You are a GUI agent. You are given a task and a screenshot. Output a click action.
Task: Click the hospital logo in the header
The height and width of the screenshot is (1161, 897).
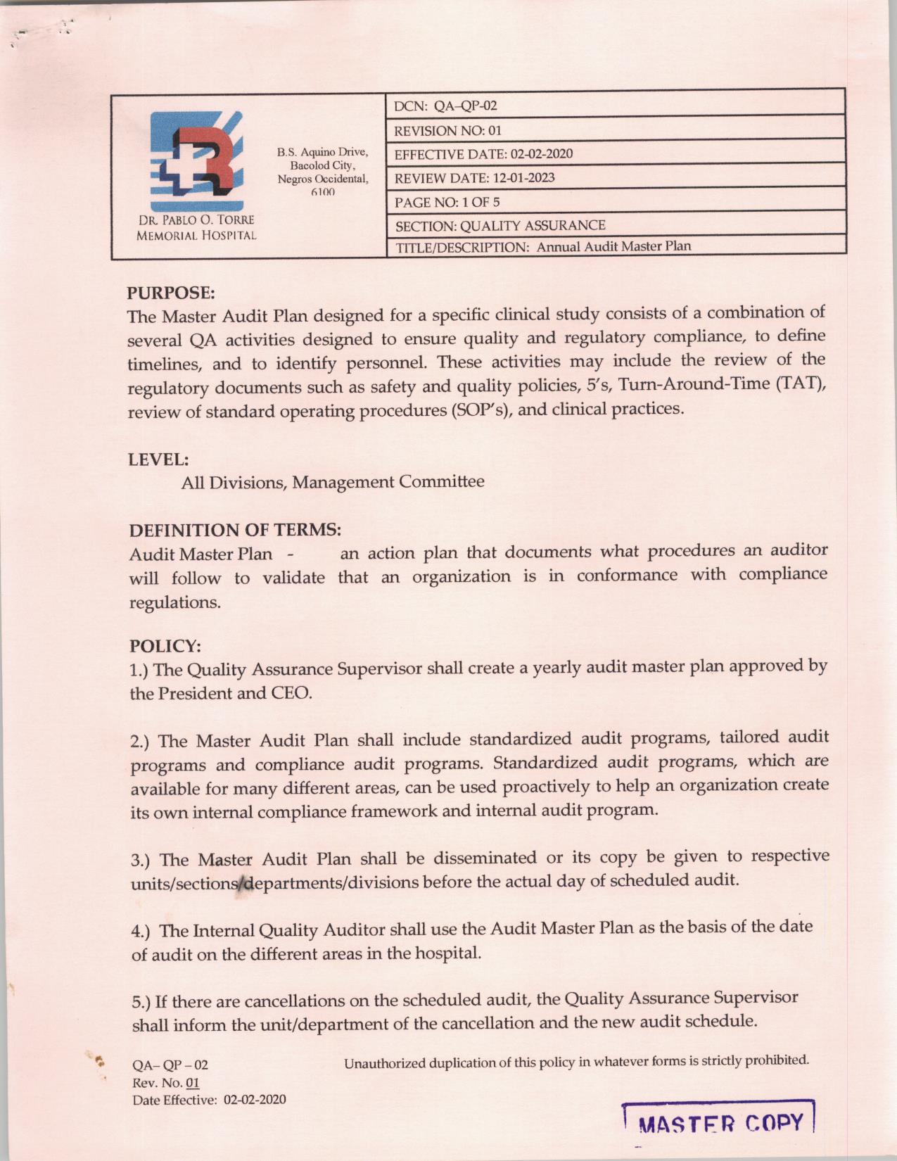[x=196, y=162]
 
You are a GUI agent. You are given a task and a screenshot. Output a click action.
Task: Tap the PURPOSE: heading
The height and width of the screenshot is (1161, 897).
[x=171, y=292]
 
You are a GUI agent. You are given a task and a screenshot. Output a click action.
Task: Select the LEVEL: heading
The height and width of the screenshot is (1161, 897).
[x=158, y=459]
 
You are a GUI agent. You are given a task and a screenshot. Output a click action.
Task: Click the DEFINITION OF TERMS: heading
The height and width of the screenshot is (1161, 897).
[x=235, y=530]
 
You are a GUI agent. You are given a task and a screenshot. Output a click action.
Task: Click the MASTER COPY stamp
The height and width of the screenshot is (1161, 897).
[x=719, y=1122]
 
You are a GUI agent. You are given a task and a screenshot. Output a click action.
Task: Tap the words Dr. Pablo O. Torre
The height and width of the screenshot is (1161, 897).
[x=196, y=220]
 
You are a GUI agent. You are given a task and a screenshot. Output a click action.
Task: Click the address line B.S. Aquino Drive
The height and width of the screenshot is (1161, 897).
[x=322, y=152]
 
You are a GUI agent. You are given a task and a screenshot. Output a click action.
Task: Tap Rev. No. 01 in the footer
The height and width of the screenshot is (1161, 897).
[x=166, y=1083]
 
